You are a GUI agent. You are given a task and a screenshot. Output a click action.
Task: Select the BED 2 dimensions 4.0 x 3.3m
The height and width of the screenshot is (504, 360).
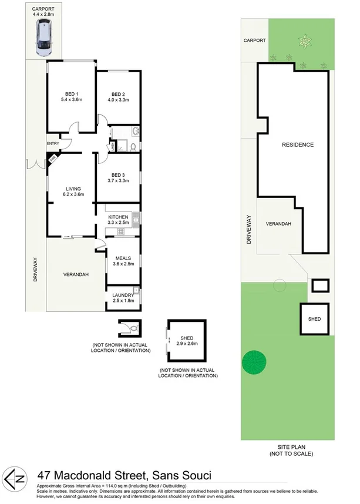(118, 100)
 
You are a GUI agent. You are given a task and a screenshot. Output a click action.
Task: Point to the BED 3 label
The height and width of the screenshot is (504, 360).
(118, 175)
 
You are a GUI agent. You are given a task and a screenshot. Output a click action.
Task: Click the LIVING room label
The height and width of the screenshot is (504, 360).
(73, 189)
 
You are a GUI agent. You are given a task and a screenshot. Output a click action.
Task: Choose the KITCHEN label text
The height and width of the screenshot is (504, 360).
(118, 217)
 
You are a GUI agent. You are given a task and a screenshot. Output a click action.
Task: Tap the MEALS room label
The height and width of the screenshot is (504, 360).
(123, 258)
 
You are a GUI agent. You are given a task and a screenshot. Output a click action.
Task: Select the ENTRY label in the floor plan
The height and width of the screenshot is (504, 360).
(53, 144)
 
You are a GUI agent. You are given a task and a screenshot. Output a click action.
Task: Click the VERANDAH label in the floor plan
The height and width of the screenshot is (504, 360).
(76, 274)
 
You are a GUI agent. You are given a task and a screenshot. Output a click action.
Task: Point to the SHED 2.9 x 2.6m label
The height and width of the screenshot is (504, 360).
(187, 339)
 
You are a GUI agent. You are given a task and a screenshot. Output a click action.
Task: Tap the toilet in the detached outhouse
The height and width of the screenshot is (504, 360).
(133, 328)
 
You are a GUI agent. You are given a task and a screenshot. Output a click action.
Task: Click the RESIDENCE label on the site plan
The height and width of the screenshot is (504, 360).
(297, 145)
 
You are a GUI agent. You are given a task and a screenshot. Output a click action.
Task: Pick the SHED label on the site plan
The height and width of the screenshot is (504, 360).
(314, 318)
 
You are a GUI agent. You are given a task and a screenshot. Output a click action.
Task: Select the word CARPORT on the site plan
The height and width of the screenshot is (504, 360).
(255, 41)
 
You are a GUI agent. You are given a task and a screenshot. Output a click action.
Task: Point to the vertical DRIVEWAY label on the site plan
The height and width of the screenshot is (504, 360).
(249, 229)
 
